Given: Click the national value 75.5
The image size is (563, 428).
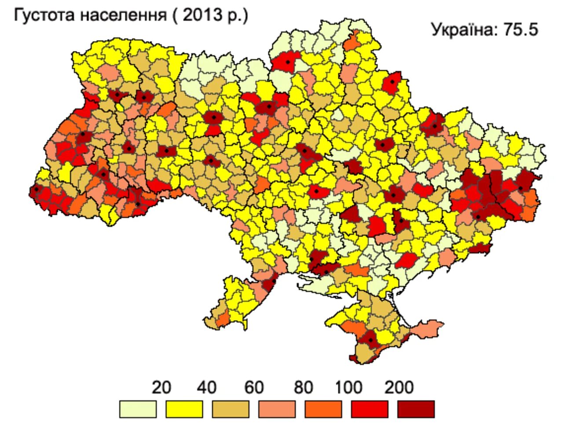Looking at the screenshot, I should pos(521,30).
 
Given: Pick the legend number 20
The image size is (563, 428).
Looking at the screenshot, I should pos(161,388).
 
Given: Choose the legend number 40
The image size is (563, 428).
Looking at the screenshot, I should pos(207,388).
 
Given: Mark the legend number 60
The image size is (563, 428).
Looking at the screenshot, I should pos(254,388).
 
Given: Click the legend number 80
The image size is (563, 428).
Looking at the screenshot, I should pos(303,388).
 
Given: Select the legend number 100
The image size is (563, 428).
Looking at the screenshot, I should pos(349,388).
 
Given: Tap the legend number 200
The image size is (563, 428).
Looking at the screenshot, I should pos(399,388).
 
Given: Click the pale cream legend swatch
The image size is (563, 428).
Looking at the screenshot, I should pos(138,409).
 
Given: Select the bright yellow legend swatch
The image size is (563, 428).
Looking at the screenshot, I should pos(184,409).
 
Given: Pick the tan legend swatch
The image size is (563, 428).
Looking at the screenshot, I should pos(230,409).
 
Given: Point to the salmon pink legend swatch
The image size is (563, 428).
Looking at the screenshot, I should pos(277,409).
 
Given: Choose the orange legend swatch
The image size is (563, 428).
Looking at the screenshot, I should pos(323,409).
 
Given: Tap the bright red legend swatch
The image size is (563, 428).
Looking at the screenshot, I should pos(369,409).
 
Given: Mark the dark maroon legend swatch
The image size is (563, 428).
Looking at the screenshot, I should pos(416,409).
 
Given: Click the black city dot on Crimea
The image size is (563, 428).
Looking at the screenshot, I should pos(370,340).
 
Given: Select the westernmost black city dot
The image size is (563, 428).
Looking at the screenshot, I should pos(37,190).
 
